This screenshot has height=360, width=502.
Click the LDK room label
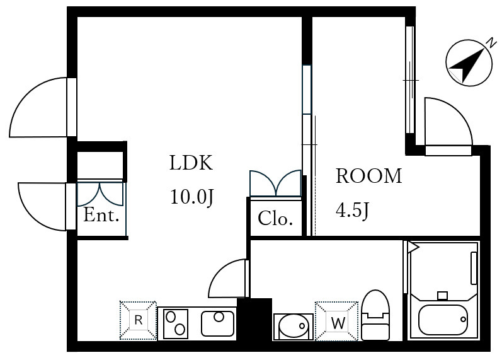(191, 163)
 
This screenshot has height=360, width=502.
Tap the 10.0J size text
(191, 197)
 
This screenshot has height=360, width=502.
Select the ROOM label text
(369, 176)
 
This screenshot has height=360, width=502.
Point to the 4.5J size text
(353, 210)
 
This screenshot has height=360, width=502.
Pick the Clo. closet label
(275, 218)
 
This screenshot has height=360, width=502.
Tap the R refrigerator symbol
(139, 320)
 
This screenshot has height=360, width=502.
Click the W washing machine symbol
(336, 321)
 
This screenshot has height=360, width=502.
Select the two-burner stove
(176, 324)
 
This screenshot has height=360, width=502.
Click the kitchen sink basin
(218, 323)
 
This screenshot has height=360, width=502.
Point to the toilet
(375, 315)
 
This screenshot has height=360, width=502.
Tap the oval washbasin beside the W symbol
(293, 327)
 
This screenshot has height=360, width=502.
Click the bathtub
(443, 319)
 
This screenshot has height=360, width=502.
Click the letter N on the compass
(491, 43)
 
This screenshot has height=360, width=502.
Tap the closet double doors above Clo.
(275, 183)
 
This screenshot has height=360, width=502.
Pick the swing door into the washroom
(229, 278)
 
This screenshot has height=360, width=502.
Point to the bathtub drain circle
(463, 319)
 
